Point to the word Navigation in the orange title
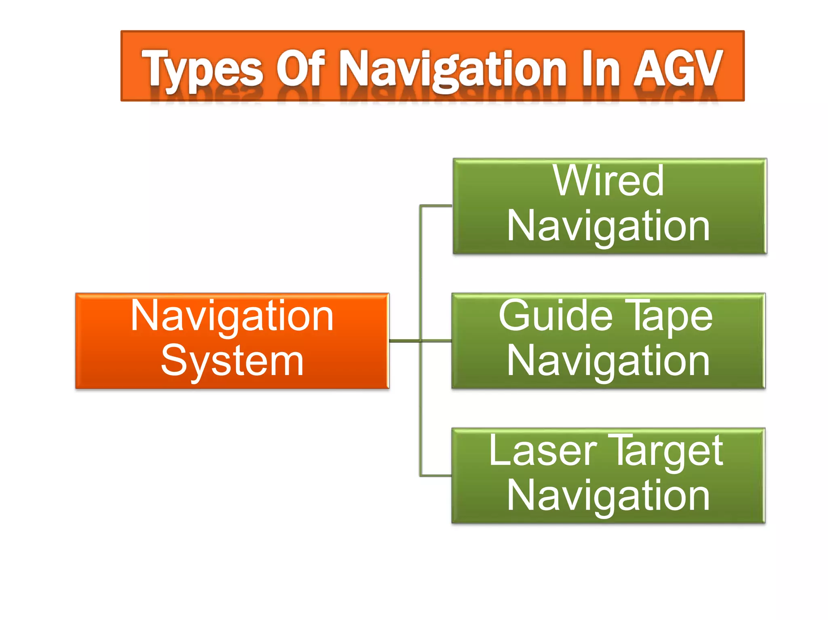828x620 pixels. [x=453, y=70]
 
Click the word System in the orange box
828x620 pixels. [x=232, y=361]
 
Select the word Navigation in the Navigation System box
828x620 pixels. [x=232, y=316]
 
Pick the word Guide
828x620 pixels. [x=556, y=316]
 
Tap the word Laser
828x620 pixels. [x=543, y=451]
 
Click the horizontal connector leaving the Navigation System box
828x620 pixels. [x=404, y=341]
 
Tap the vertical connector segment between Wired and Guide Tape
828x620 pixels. [x=420, y=273]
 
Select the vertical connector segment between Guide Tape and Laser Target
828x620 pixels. [x=420, y=408]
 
